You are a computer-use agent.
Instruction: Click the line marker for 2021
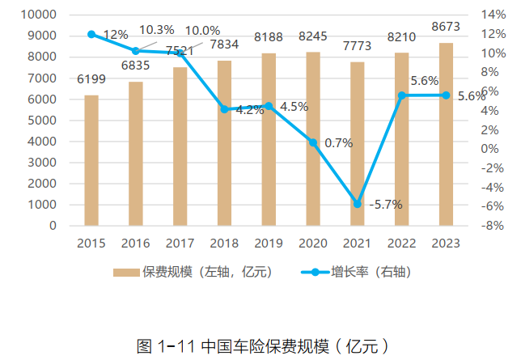(358, 204)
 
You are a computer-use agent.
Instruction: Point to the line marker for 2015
(91, 34)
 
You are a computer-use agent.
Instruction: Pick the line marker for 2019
(269, 106)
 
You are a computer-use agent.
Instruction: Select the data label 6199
(91, 79)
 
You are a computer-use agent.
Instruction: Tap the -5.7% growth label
(386, 205)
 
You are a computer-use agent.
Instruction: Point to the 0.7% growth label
(338, 143)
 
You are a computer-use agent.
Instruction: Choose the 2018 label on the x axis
(224, 243)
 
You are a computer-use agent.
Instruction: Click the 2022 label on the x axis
(401, 243)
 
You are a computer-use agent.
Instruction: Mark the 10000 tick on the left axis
(40, 15)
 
